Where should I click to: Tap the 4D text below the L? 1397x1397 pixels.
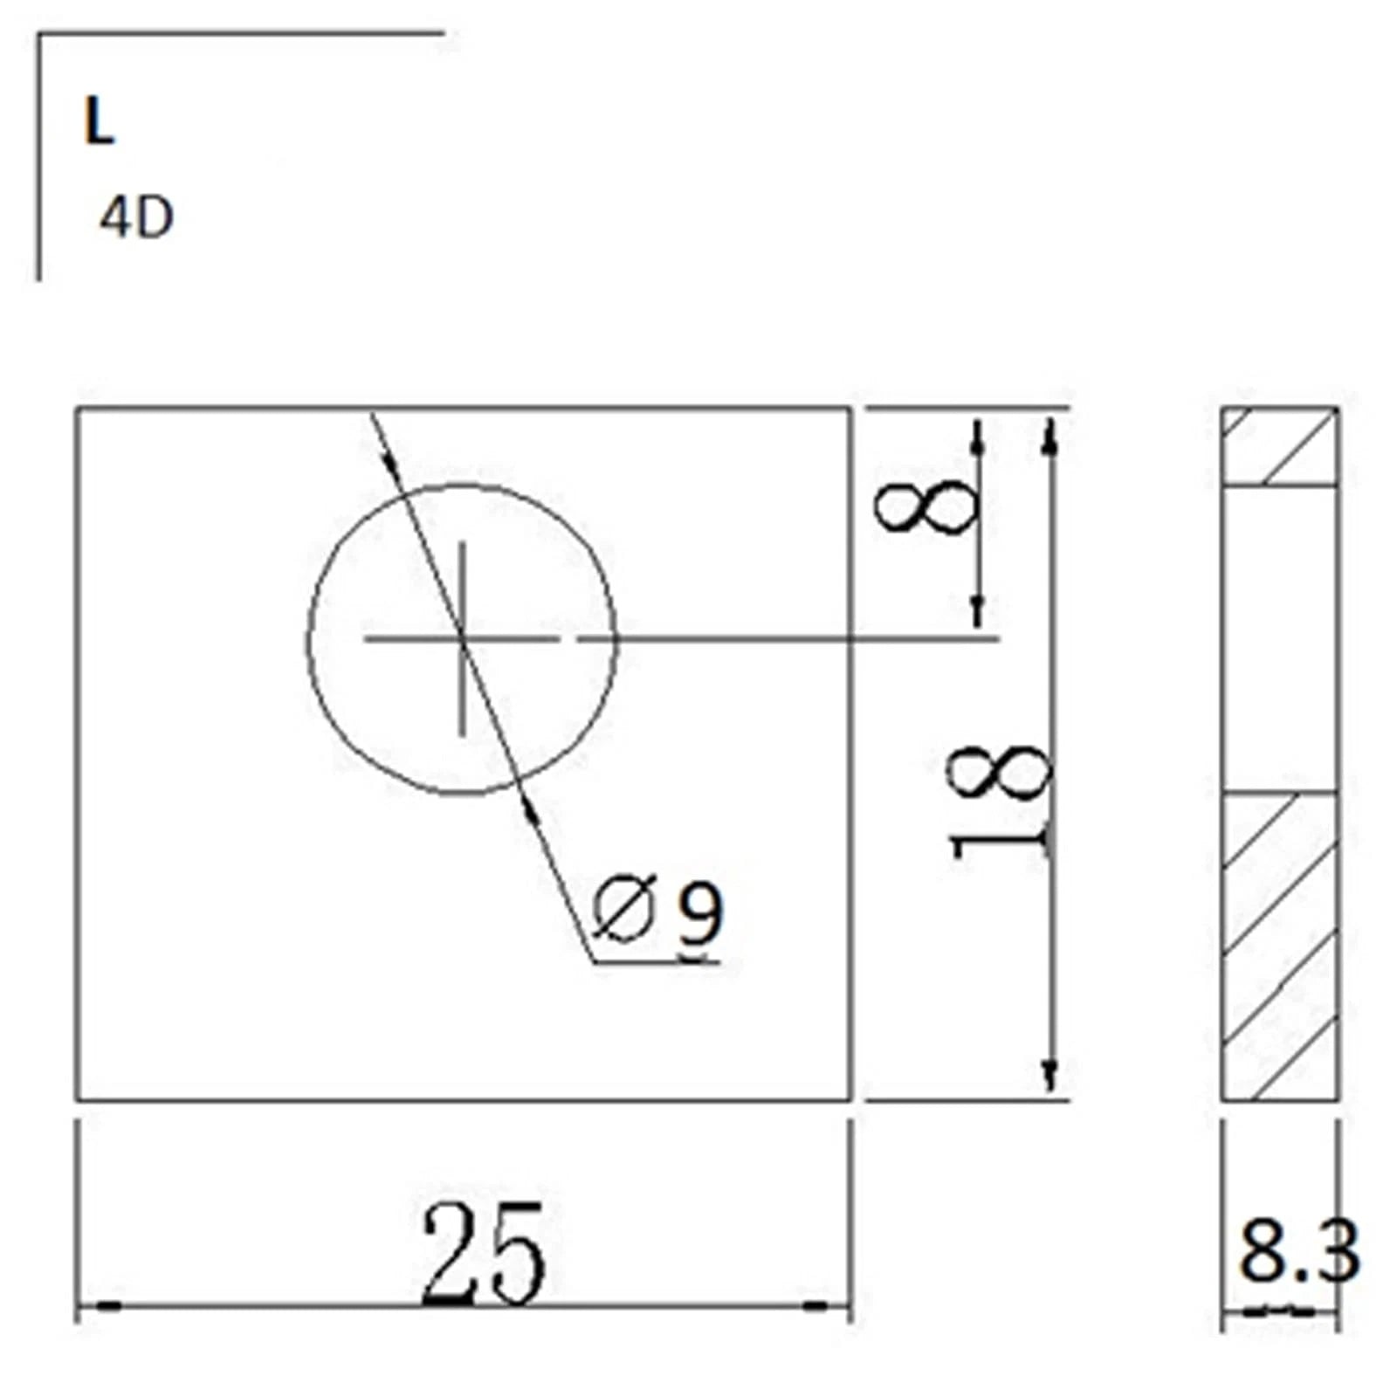tap(137, 217)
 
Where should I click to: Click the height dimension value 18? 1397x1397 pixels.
tap(1001, 802)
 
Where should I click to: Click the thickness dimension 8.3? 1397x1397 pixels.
tap(1299, 1251)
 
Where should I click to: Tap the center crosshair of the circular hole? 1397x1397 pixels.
tap(462, 639)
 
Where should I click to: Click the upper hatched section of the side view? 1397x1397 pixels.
tap(1279, 447)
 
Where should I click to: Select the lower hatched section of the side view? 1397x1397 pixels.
tap(1279, 946)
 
